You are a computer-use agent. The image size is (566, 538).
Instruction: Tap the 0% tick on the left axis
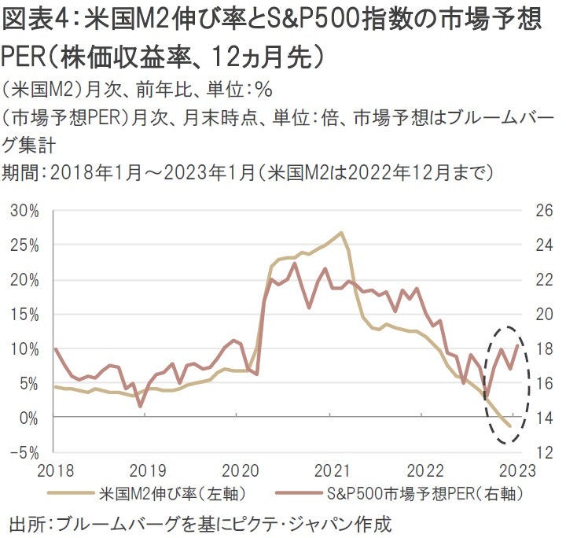point(28,418)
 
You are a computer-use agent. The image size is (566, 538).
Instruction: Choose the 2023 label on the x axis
point(516,471)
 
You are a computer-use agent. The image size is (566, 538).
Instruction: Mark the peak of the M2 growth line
point(340,233)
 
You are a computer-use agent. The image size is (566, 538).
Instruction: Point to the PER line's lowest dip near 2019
point(140,406)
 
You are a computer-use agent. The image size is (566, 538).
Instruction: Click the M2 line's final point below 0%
point(509,426)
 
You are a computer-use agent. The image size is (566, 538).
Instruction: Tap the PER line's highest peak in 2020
point(295,263)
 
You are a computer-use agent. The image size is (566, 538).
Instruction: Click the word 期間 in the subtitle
point(18,171)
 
